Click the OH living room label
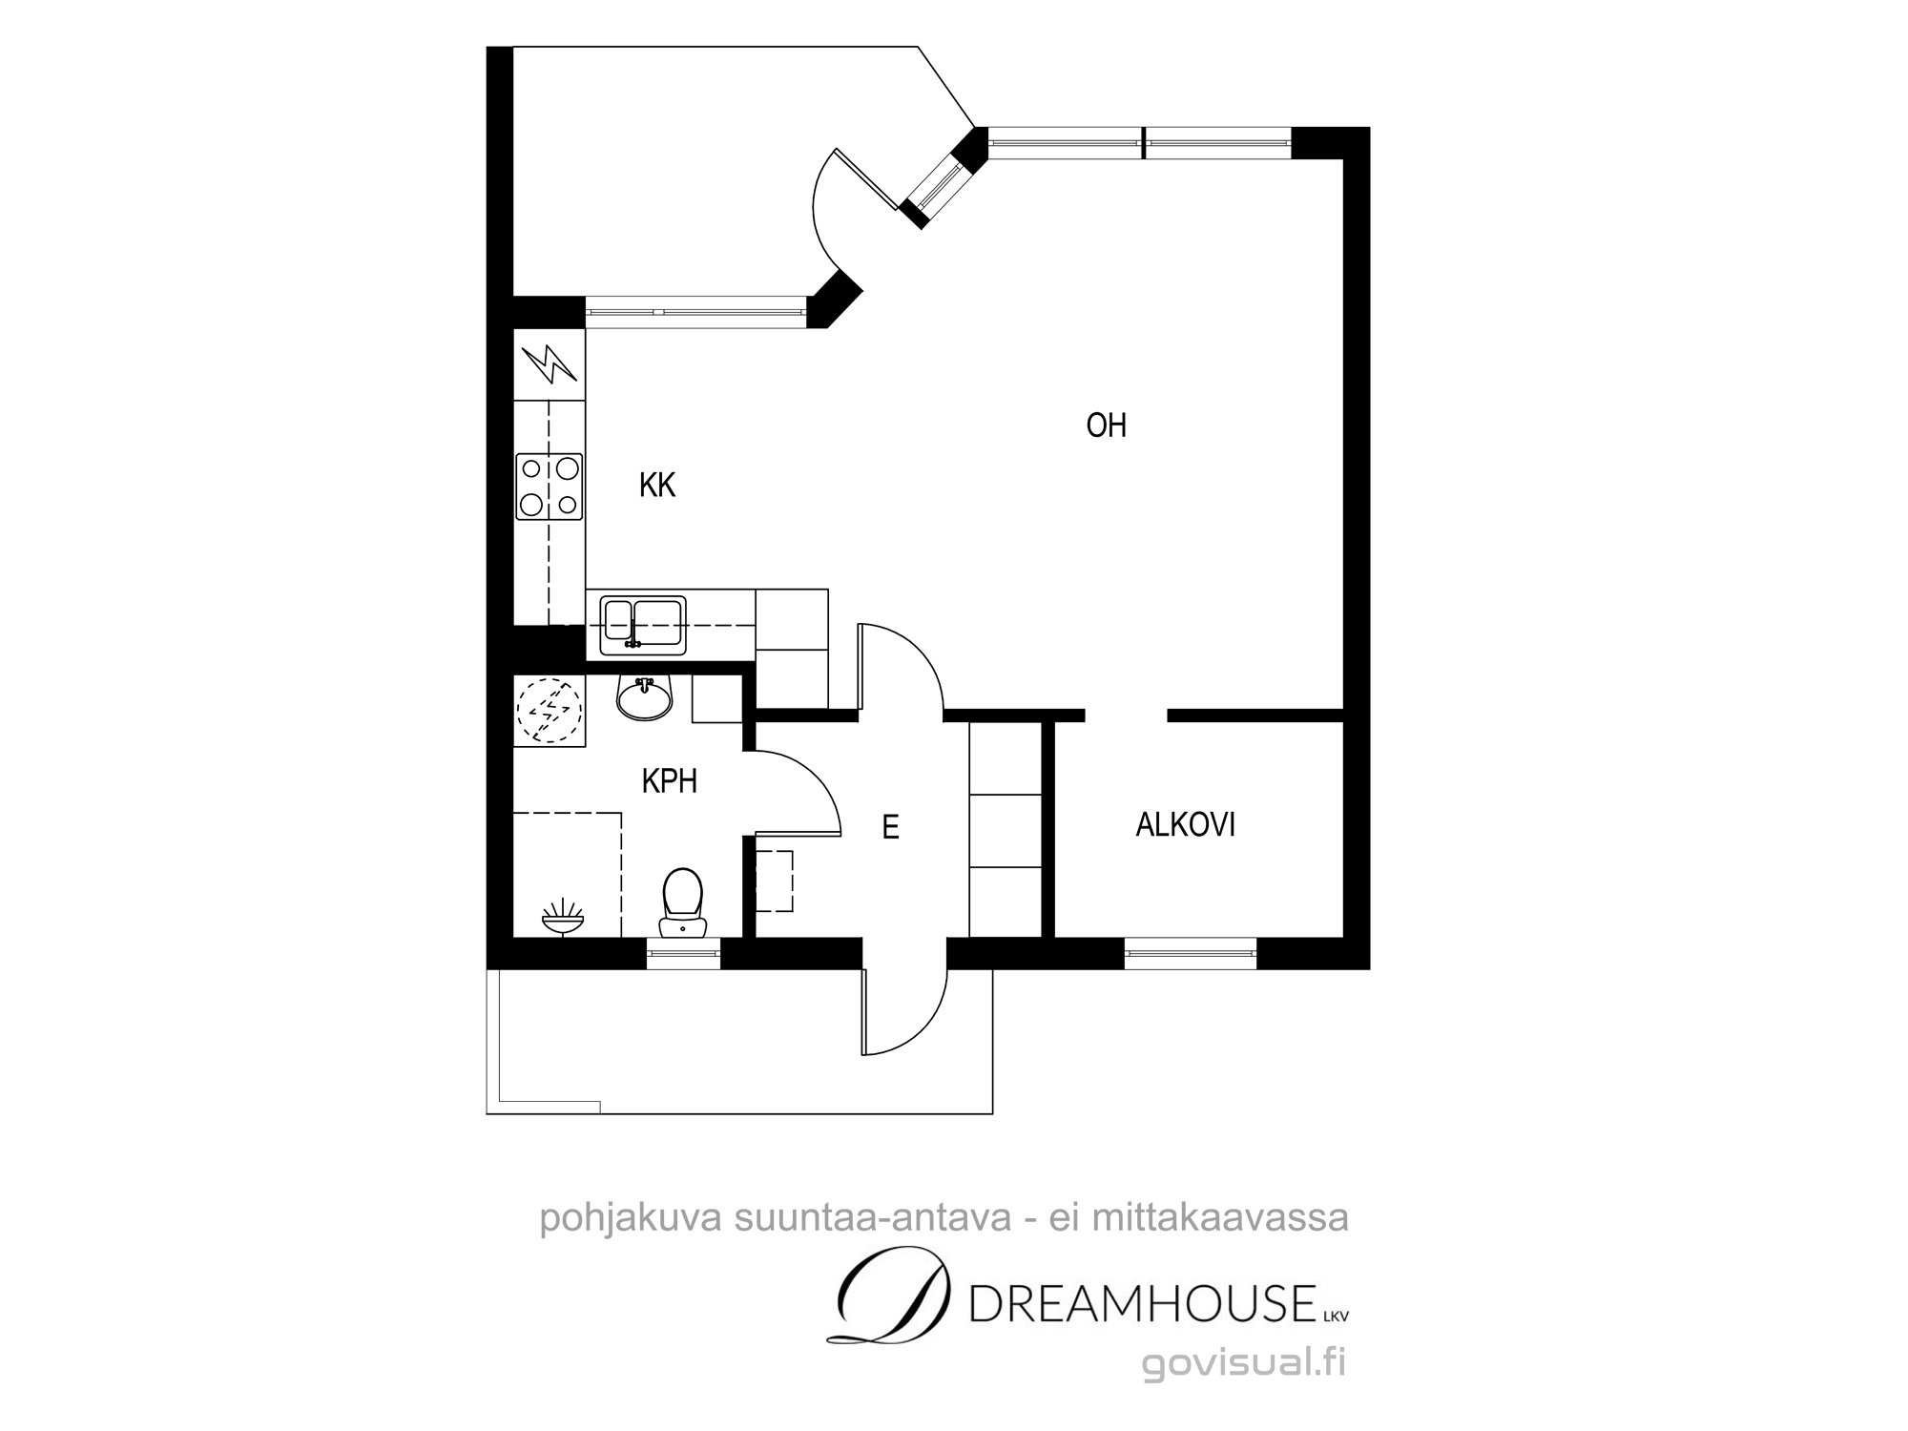1107,425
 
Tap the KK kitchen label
657,486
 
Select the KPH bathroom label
669,781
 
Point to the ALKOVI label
1186,824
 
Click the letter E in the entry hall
890,827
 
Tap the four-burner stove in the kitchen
550,487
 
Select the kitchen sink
643,626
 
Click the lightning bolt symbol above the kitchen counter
550,363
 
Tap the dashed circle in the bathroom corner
548,710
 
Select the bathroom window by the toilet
683,953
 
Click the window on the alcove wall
1191,953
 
